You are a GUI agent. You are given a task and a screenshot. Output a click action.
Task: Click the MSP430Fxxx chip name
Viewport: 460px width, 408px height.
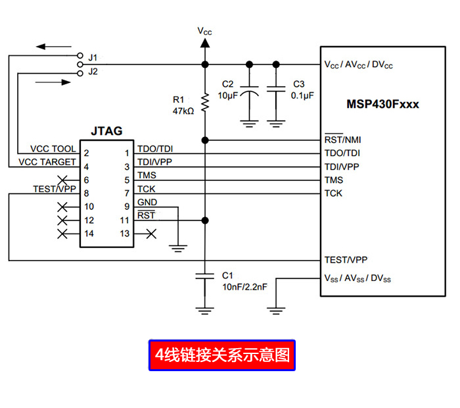(382, 104)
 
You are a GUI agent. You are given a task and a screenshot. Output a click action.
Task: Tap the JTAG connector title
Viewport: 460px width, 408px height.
(106, 131)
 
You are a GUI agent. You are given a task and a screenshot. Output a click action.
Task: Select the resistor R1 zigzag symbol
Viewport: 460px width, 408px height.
(205, 102)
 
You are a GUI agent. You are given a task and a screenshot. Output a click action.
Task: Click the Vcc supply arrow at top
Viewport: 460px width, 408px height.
(205, 43)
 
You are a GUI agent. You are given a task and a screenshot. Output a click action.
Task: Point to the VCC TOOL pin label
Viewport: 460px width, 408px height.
(53, 149)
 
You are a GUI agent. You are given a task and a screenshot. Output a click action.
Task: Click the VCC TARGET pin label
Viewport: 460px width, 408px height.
(47, 162)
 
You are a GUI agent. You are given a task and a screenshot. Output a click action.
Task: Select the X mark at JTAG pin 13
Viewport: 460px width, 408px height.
(150, 233)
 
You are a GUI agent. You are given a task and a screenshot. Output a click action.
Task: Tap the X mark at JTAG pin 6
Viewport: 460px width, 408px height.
(63, 180)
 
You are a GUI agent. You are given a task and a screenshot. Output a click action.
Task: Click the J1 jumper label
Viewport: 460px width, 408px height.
(93, 57)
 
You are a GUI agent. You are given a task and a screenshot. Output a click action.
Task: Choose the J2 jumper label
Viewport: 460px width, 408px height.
(93, 72)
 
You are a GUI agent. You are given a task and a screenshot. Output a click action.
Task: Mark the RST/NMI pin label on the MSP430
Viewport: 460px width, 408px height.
(342, 140)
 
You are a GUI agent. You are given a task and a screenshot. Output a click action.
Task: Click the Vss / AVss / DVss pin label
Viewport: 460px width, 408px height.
(357, 278)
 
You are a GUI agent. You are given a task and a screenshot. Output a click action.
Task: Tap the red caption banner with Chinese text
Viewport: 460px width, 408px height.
(221, 355)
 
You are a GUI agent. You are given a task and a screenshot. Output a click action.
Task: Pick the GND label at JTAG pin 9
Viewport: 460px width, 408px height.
(147, 203)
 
